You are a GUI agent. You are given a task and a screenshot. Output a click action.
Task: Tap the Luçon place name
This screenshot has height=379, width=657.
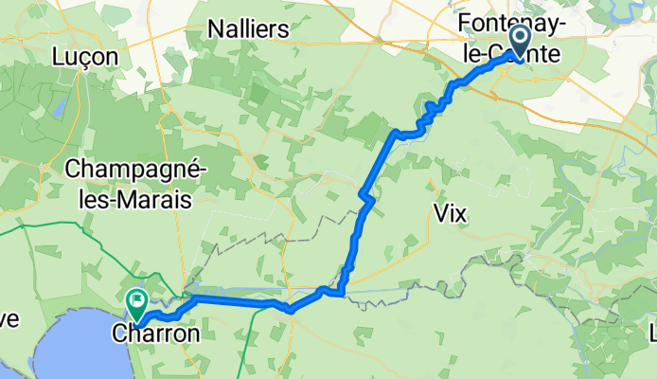pos(86,57)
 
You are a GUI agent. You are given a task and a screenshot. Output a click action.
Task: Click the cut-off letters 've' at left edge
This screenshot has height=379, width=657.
pos(8,319)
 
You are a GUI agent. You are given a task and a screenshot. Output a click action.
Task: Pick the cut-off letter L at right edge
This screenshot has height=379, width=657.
pos(652,332)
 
